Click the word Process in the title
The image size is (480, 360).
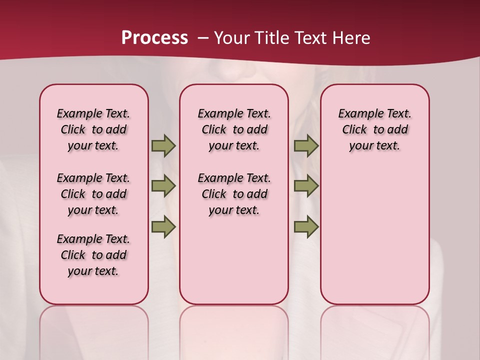(x=154, y=38)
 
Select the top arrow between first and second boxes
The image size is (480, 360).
(x=163, y=146)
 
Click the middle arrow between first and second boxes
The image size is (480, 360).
(x=163, y=186)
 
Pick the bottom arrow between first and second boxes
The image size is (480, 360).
(x=163, y=226)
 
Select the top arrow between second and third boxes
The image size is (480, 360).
(x=306, y=146)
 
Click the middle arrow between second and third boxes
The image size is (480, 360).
(x=306, y=186)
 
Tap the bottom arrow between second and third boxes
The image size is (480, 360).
(x=306, y=226)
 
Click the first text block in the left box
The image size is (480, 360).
(x=93, y=129)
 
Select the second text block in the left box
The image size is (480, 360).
(x=93, y=194)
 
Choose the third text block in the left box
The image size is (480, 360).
(x=93, y=255)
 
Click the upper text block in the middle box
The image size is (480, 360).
(x=234, y=129)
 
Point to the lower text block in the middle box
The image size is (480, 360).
(x=234, y=194)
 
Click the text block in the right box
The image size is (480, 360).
(x=374, y=129)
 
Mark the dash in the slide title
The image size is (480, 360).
(x=203, y=38)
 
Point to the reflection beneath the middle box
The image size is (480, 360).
(x=234, y=330)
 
